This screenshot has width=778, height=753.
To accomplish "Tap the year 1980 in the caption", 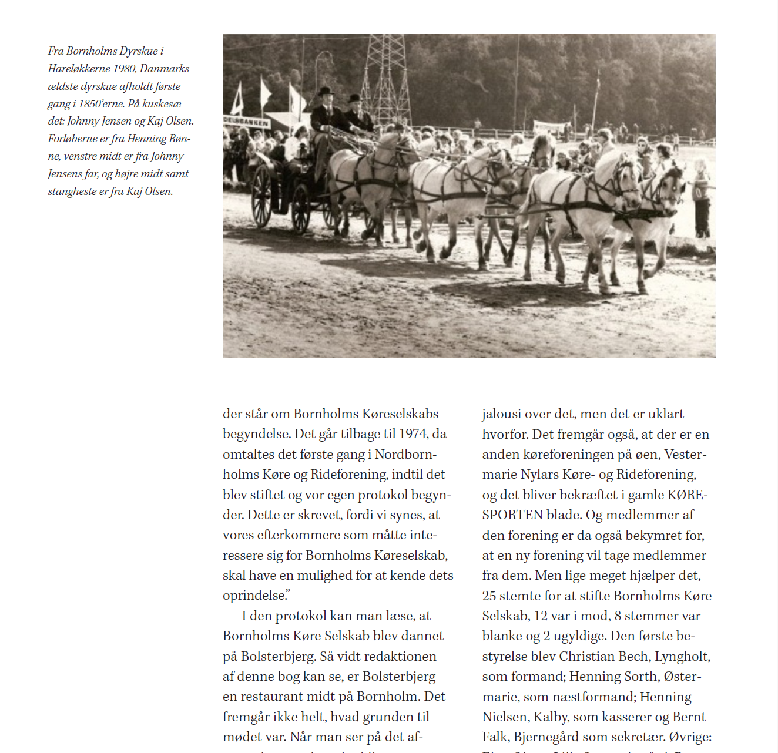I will [x=125, y=69].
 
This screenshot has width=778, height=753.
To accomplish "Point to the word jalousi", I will [x=500, y=414].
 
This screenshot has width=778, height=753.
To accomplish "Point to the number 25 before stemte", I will [x=489, y=596].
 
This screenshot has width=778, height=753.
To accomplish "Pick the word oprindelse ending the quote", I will [x=254, y=596].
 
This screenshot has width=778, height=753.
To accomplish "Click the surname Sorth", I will [x=638, y=677].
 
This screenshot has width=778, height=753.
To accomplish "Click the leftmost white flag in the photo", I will [x=239, y=99].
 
